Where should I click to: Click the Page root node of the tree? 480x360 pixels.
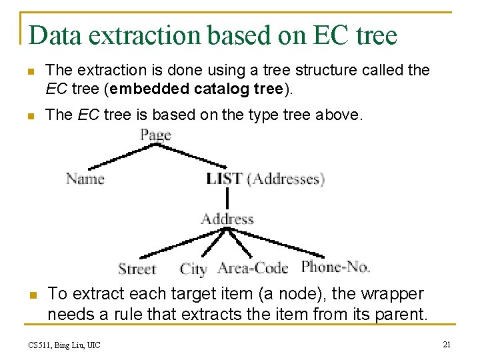click(x=156, y=135)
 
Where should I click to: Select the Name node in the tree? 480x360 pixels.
click(x=85, y=179)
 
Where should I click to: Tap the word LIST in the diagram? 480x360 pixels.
click(x=224, y=179)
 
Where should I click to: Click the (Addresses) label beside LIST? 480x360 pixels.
click(x=285, y=179)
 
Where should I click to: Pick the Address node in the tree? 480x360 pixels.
click(x=227, y=219)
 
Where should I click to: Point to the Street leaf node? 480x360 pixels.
click(x=137, y=269)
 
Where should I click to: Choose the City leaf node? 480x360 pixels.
click(x=193, y=269)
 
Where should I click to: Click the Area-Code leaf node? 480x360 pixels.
click(x=253, y=268)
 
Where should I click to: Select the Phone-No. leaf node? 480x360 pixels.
click(x=335, y=267)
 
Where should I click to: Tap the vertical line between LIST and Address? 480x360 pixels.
click(x=227, y=198)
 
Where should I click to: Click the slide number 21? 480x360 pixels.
click(x=447, y=344)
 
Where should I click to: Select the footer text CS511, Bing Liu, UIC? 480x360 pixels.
click(x=64, y=345)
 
